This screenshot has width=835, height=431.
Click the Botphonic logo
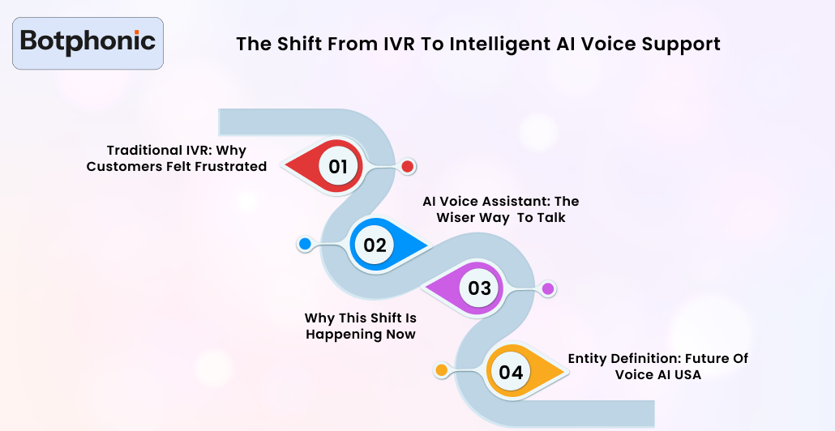[88, 41]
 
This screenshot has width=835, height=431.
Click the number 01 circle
[338, 167]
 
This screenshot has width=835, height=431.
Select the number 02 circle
[375, 245]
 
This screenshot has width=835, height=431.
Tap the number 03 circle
[480, 288]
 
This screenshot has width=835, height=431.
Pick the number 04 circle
[511, 372]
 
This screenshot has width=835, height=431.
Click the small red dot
[408, 167]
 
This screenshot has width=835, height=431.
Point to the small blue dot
[305, 244]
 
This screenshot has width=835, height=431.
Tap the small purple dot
[548, 288]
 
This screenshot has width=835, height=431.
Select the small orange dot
[442, 370]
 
